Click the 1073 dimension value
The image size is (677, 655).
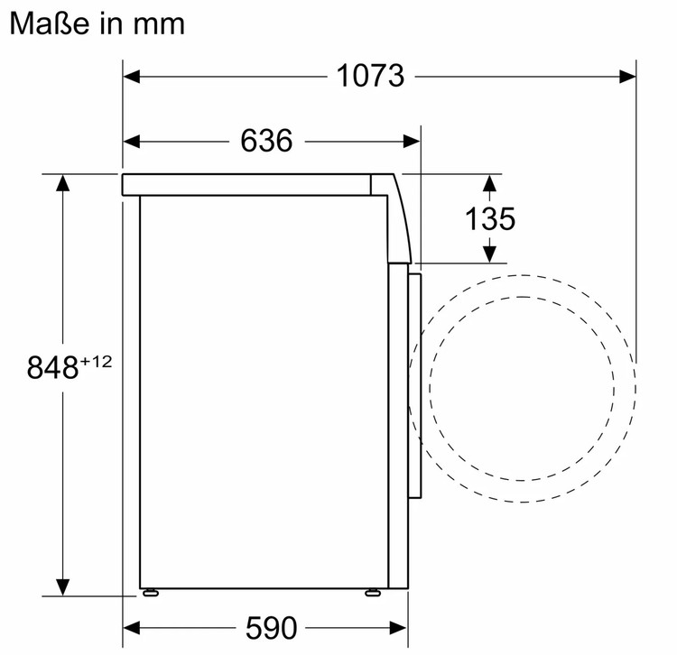[x=370, y=76]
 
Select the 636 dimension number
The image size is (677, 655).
[x=266, y=141]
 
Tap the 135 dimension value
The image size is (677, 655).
[x=490, y=218]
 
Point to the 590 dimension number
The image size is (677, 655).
[x=271, y=628]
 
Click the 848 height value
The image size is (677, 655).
[x=52, y=367]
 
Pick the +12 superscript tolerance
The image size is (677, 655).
[x=96, y=361]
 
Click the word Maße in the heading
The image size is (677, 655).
[x=50, y=23]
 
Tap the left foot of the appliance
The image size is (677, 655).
[x=150, y=593]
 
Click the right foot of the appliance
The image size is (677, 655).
[x=373, y=593]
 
